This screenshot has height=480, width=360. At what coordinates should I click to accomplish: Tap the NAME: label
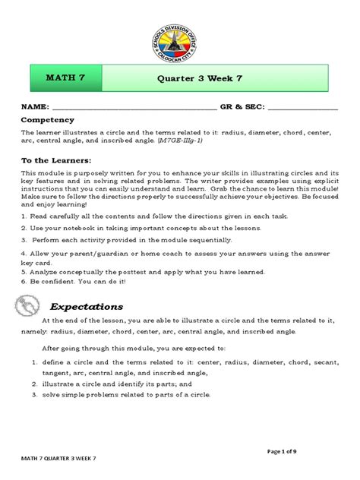34,108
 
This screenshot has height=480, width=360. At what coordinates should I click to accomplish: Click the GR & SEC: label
242,108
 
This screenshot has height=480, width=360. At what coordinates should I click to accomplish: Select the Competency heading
47,120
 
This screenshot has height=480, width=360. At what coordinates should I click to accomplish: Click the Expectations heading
87,306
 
